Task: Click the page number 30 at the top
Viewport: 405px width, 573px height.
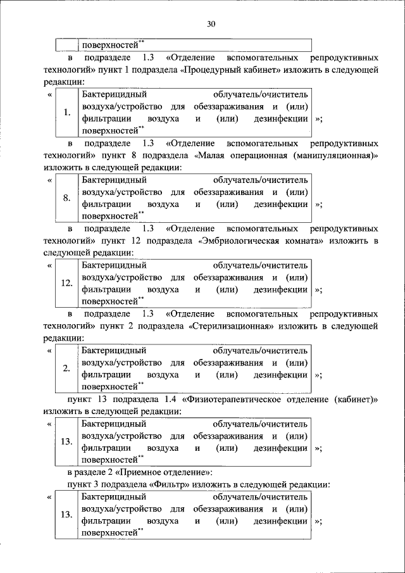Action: tap(211, 25)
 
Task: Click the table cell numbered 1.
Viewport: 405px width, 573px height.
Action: tap(66, 113)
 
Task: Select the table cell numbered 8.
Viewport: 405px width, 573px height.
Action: tap(66, 198)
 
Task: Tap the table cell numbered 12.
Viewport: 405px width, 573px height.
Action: tap(66, 284)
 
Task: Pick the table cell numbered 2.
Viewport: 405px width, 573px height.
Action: tap(66, 368)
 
